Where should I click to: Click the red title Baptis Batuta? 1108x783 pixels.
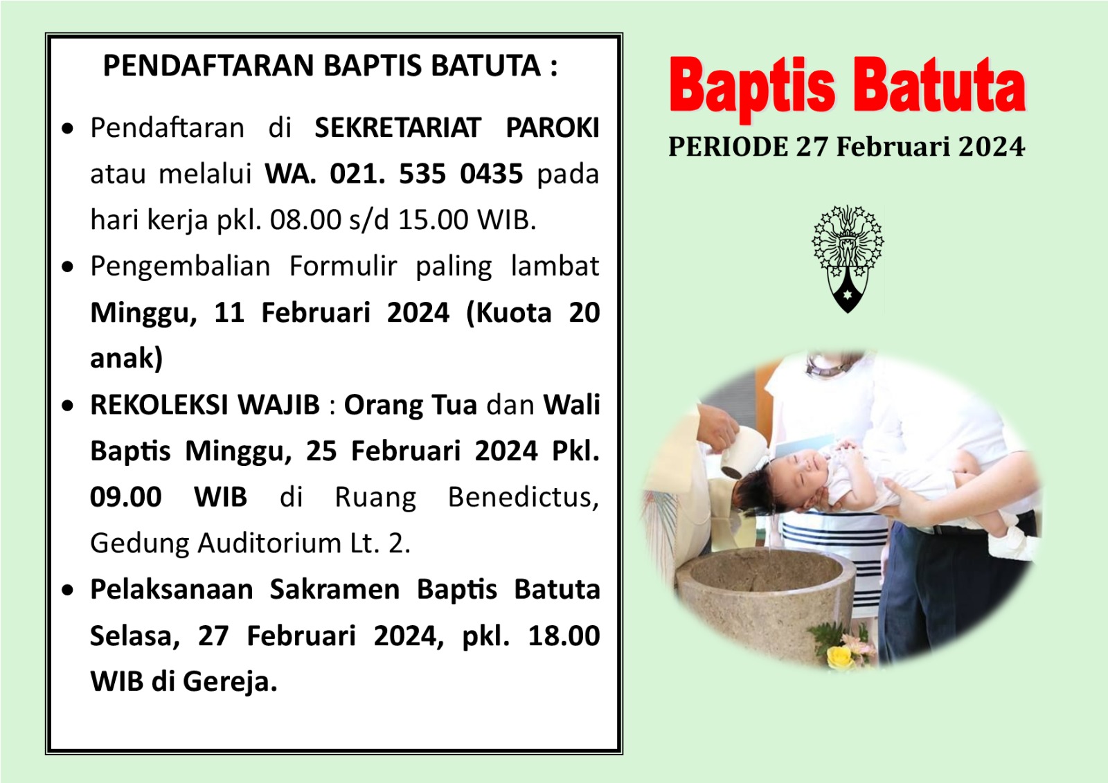pos(848,87)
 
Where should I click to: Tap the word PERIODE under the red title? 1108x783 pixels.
pos(728,147)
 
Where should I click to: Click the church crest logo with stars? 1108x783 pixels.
pos(848,259)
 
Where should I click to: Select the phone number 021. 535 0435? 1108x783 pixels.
pos(427,174)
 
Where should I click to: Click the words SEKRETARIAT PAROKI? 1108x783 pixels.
pos(457,128)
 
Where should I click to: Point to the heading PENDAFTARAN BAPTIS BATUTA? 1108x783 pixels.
pos(330,66)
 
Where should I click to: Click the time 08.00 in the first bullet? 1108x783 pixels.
pos(305,220)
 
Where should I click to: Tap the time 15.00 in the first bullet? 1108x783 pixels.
pos(434,220)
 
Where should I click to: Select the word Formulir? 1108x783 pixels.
pos(343,266)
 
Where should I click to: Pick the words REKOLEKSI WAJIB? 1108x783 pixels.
pos(205,404)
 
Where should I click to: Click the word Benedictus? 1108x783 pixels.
pos(524,497)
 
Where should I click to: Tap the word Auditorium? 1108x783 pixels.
pos(269,543)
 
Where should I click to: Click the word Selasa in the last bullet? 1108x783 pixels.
pos(135,636)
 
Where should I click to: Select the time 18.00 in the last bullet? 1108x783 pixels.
pos(564,636)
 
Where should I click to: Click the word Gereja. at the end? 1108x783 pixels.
pos(230,682)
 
